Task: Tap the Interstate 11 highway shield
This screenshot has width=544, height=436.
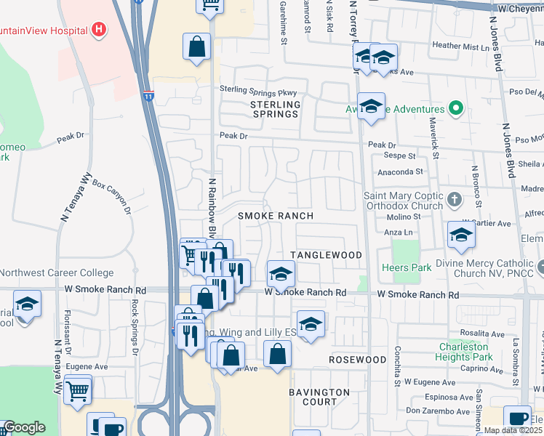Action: tap(148, 95)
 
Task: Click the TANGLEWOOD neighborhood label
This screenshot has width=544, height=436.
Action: tap(326, 255)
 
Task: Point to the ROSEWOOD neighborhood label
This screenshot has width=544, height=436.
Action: tap(357, 360)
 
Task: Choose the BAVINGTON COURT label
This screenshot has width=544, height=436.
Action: tap(319, 397)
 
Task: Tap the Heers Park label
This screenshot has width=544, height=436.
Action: tap(406, 267)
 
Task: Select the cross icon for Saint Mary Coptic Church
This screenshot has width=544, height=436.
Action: tap(454, 198)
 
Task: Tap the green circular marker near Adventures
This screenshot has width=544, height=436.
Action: tap(456, 110)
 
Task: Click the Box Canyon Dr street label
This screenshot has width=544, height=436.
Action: tap(111, 197)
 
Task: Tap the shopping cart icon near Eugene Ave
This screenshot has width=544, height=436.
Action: tap(78, 390)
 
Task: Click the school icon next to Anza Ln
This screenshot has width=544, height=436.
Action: tap(461, 234)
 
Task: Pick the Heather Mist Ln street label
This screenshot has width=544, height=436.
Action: tap(461, 46)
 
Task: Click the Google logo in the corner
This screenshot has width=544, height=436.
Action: tap(24, 427)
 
